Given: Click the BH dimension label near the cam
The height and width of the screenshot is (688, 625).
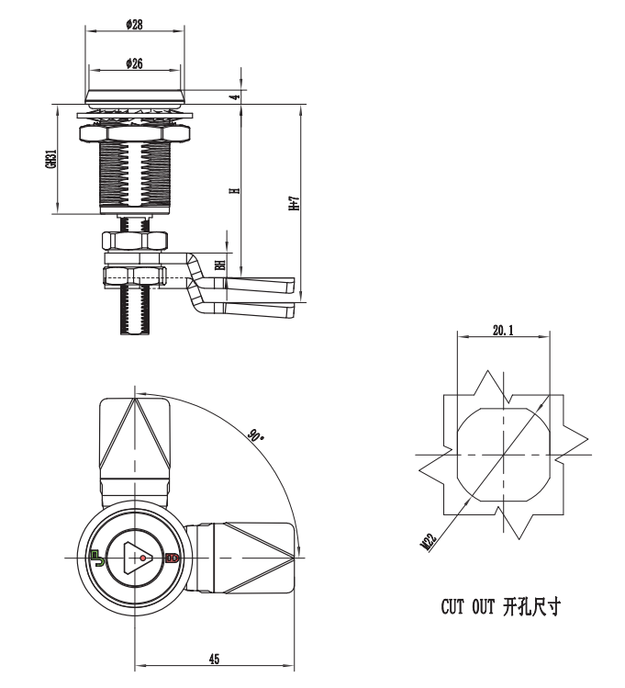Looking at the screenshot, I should [220, 265].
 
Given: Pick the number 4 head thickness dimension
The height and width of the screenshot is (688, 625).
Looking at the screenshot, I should [233, 96].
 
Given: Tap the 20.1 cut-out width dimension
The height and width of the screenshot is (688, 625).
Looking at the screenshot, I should [502, 329].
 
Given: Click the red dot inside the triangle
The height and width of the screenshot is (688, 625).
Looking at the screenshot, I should [142, 558].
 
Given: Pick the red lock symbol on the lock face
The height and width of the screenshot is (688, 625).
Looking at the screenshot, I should [171, 558].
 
